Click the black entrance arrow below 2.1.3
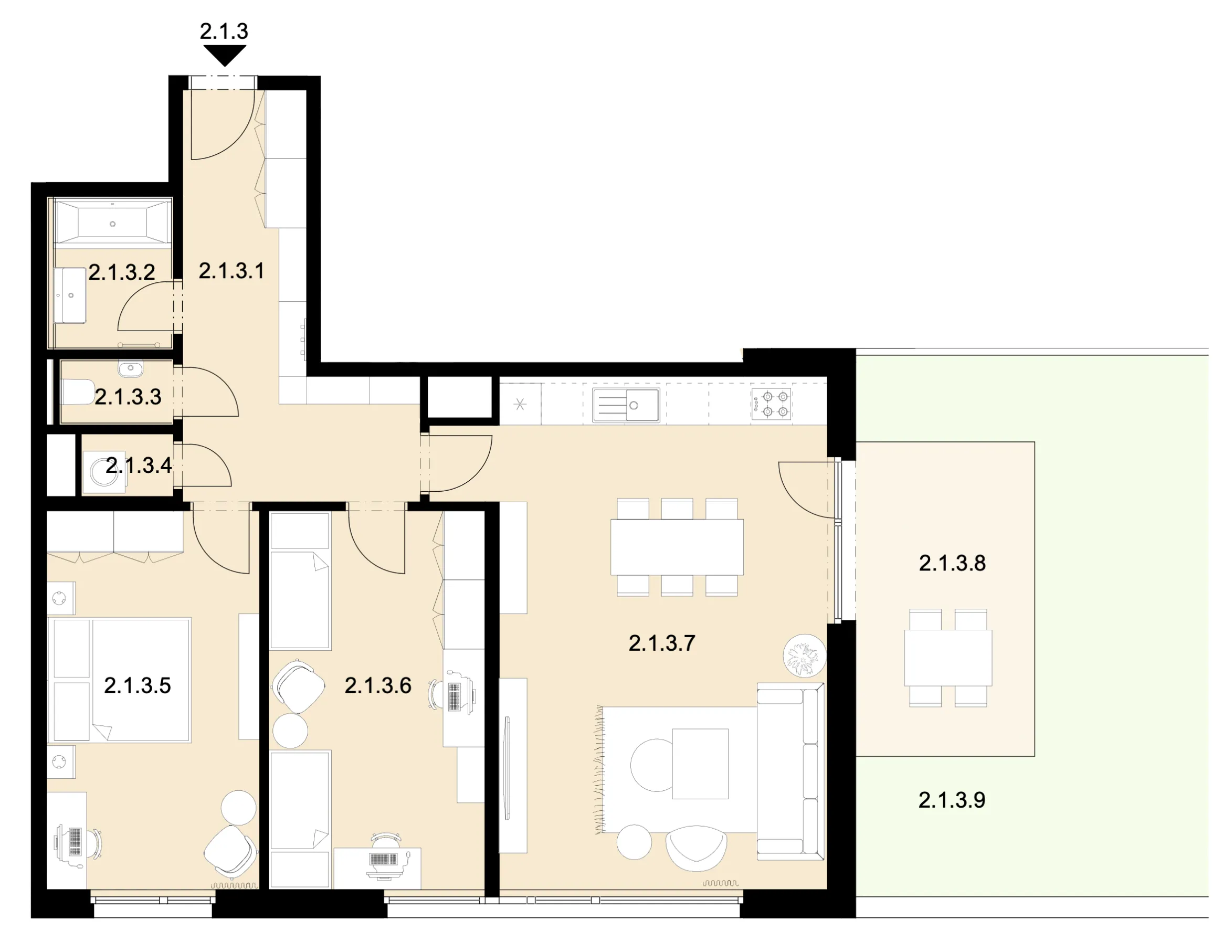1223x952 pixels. pyautogui.click(x=225, y=55)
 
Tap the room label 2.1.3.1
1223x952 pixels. pyautogui.click(x=231, y=271)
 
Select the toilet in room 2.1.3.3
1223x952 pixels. pyautogui.click(x=78, y=392)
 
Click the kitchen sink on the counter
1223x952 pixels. pyautogui.click(x=626, y=405)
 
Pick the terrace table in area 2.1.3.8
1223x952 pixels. pyautogui.click(x=948, y=658)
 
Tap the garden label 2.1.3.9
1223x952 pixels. pyautogui.click(x=952, y=800)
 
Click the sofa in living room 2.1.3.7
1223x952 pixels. pyautogui.click(x=790, y=771)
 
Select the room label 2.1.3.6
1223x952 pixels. pyautogui.click(x=378, y=686)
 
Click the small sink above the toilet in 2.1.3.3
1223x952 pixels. pyautogui.click(x=131, y=368)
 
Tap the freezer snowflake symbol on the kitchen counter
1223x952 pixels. pyautogui.click(x=520, y=404)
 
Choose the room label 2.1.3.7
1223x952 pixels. pyautogui.click(x=662, y=643)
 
